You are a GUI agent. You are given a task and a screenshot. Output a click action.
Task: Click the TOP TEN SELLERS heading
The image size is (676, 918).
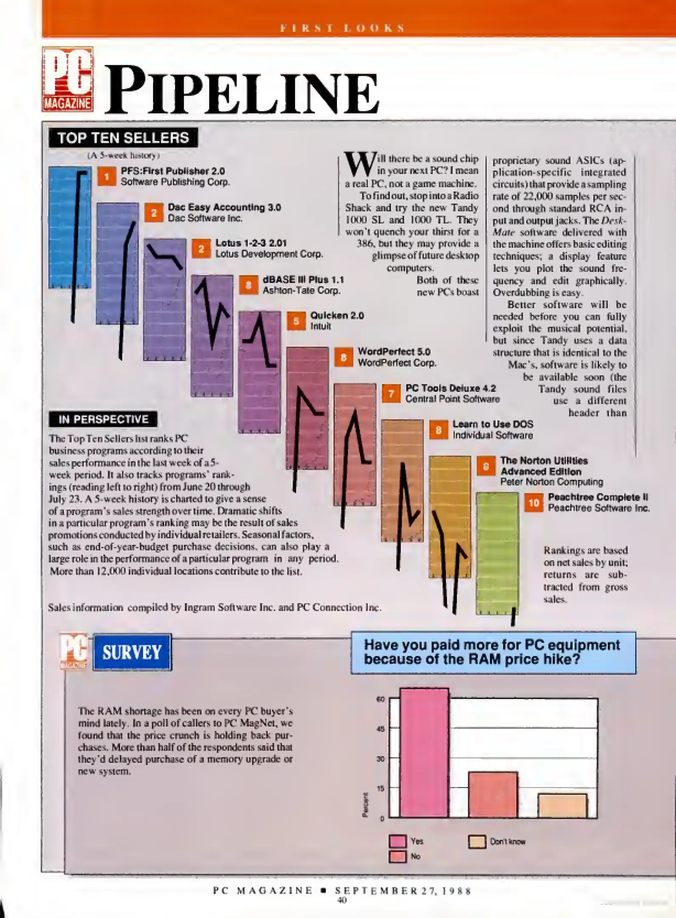click(123, 138)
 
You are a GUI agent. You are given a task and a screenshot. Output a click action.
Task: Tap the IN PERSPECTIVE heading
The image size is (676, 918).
click(103, 419)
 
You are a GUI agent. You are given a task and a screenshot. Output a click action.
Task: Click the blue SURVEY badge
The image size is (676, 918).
click(132, 652)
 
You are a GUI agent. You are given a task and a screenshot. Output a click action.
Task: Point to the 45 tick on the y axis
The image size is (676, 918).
click(381, 729)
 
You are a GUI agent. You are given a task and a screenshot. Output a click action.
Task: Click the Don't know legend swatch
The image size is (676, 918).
click(477, 841)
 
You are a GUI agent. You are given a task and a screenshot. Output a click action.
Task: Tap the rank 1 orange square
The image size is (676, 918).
click(107, 176)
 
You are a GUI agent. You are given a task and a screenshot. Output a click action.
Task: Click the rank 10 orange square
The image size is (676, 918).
click(534, 503)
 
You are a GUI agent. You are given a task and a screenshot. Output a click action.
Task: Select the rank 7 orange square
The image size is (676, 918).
click(391, 394)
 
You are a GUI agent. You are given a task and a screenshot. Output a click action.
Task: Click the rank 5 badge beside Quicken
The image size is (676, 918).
click(296, 321)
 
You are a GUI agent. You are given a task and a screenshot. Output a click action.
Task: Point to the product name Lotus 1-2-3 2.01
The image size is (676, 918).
click(251, 243)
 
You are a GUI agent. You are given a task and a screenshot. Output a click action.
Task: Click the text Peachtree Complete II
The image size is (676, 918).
click(598, 497)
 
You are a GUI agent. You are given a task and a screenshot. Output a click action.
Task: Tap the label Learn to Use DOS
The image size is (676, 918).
click(492, 424)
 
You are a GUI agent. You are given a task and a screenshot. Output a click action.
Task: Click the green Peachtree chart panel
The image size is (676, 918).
click(497, 552)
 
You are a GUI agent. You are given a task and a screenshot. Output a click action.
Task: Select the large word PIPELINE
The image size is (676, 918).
click(241, 91)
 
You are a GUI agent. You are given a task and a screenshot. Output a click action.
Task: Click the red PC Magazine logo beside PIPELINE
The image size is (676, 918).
click(68, 79)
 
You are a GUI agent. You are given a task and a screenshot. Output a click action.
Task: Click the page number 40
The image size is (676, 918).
click(342, 900)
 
